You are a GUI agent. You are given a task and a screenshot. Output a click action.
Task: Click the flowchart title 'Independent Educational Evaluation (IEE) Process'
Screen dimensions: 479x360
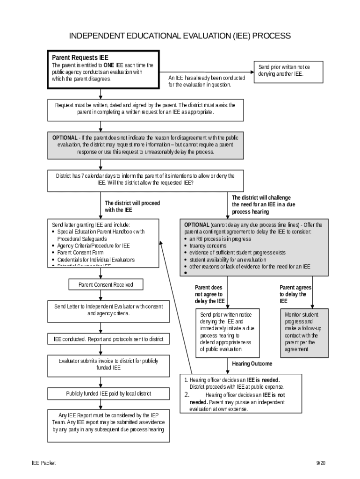coord(180,36)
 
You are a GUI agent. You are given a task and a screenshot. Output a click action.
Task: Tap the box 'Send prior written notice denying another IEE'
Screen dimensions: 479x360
coord(284,71)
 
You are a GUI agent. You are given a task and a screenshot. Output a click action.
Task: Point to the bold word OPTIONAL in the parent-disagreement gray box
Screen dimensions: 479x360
coord(65,138)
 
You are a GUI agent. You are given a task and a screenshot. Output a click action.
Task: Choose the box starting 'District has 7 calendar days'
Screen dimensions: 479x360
coord(145,179)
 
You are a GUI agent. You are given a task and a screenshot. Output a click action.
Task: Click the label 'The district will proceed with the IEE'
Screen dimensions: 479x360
coord(132,206)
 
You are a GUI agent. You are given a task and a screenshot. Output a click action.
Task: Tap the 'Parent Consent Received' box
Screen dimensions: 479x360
coord(106,284)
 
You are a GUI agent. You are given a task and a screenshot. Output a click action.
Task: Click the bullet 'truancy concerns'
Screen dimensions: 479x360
coord(208,246)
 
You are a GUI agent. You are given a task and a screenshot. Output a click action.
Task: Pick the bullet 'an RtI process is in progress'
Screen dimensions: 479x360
coord(220,239)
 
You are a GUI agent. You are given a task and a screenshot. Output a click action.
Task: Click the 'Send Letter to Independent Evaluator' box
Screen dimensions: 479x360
coord(108,310)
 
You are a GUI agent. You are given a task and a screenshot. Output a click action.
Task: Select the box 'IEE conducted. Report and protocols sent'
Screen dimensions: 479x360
coord(108,339)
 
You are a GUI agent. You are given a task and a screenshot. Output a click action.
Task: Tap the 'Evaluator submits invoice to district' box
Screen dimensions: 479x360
coord(108,364)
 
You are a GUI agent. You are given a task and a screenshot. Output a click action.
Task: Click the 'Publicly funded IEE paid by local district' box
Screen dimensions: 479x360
coord(108,394)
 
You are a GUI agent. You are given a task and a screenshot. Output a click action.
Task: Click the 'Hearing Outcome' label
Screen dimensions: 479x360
coord(252,363)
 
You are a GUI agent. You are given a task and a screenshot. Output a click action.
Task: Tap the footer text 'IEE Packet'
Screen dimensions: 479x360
coord(43,463)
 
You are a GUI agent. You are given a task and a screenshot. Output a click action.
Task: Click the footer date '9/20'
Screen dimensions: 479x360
coord(320,463)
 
